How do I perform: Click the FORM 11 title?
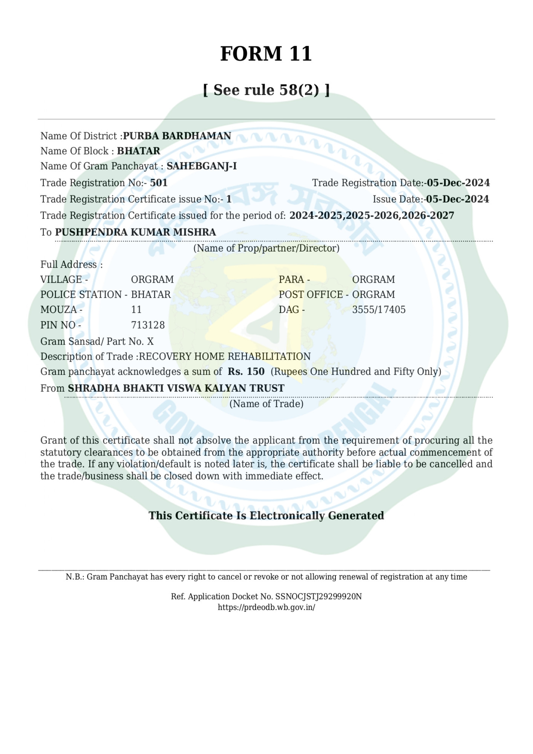[x=266, y=54]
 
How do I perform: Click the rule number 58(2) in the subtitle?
[x=299, y=90]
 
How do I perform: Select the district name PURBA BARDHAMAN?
[x=177, y=136]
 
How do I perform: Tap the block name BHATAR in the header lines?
[x=139, y=151]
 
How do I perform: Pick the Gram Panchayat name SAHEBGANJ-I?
[x=202, y=166]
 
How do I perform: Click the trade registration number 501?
[x=159, y=183]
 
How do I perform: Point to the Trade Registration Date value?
[x=458, y=183]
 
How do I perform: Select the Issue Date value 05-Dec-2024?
[x=457, y=199]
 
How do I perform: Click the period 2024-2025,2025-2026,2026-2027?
[x=372, y=215]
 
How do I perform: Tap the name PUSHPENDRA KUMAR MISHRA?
[x=136, y=232]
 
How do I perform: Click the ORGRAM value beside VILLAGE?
[x=152, y=279]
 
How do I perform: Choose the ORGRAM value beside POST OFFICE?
[x=374, y=294]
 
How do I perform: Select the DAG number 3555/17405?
[x=379, y=310]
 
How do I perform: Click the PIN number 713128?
[x=148, y=325]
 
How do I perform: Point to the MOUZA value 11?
[x=136, y=310]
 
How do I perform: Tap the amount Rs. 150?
[x=246, y=371]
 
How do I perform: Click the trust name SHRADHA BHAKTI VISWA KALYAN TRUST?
[x=176, y=388]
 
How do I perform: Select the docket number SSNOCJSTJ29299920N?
[x=319, y=596]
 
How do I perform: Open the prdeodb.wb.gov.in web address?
[x=266, y=607]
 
